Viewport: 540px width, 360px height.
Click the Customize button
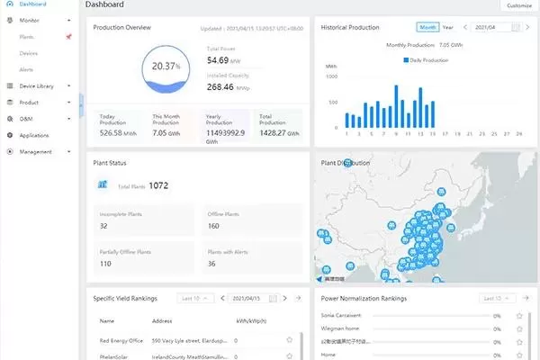click(x=518, y=5)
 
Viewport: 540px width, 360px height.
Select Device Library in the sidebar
click(x=37, y=85)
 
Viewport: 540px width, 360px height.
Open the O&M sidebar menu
click(x=26, y=118)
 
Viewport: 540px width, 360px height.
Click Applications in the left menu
click(x=34, y=135)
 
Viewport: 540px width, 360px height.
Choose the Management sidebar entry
click(x=35, y=151)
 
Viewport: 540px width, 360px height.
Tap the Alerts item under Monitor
click(x=27, y=69)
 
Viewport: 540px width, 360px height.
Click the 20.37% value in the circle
click(x=165, y=67)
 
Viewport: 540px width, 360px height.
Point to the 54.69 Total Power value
click(x=222, y=60)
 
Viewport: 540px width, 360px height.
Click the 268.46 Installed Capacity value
click(x=226, y=87)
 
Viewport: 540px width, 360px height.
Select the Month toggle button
click(x=427, y=28)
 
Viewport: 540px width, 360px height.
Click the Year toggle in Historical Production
click(x=448, y=28)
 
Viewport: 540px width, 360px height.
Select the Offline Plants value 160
click(x=214, y=226)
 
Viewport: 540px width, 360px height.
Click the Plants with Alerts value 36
click(x=211, y=264)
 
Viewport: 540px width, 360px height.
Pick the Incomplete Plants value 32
click(x=104, y=226)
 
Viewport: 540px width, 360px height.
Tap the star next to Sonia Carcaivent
click(x=519, y=316)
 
